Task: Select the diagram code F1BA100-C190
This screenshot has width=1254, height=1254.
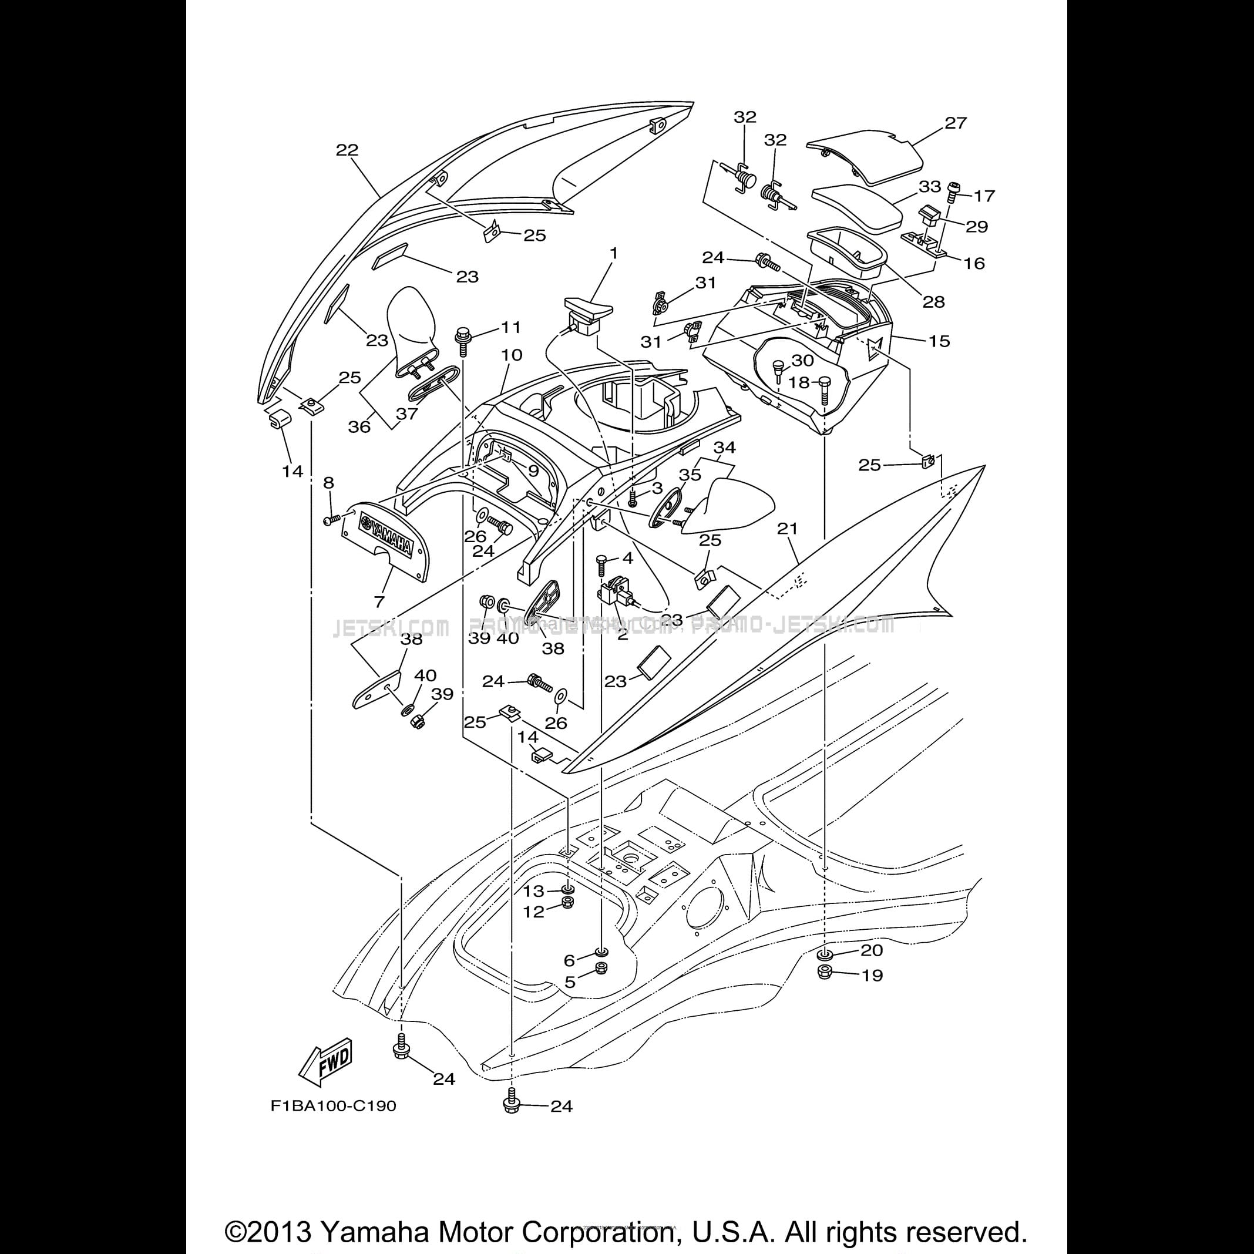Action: point(333,1105)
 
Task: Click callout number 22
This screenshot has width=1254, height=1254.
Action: point(347,150)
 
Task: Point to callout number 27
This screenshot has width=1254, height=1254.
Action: point(956,123)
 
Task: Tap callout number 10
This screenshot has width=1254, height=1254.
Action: point(512,355)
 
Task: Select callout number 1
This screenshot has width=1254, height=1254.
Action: point(613,253)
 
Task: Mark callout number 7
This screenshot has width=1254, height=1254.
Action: point(379,601)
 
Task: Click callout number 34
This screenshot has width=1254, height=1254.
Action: point(724,447)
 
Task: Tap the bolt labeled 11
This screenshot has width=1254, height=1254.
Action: point(463,339)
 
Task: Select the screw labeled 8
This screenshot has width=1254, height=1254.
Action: point(332,519)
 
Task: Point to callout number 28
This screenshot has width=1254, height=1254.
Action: point(933,302)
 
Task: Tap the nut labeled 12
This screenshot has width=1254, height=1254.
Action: point(568,903)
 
